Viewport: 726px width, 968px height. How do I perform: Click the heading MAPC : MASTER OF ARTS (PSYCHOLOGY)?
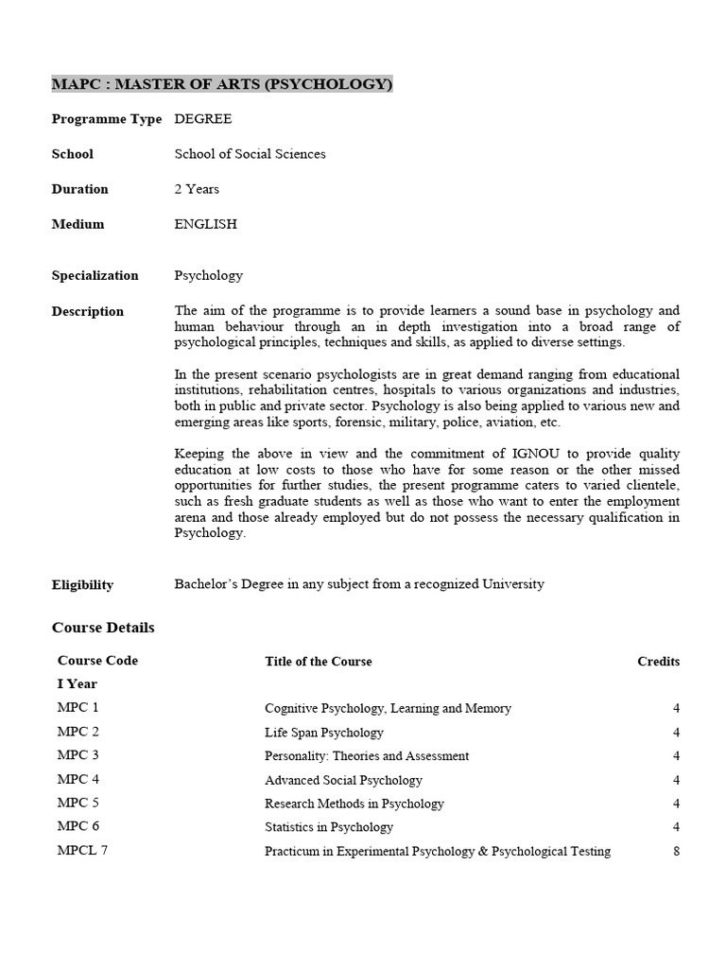(x=221, y=84)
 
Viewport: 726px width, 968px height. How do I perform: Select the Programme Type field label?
(x=106, y=119)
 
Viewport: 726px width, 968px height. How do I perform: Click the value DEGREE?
(x=203, y=119)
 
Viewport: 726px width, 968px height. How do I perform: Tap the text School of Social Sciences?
(x=250, y=154)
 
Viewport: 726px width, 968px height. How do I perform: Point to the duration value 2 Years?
(x=197, y=189)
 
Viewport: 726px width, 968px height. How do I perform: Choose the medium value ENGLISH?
(x=206, y=224)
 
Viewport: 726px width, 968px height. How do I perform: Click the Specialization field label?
(x=95, y=275)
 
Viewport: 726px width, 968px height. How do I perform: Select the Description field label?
(x=87, y=311)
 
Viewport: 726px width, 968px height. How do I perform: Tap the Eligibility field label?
(x=82, y=584)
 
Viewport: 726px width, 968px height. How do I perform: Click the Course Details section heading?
(x=103, y=628)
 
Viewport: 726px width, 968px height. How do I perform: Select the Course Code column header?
(x=97, y=661)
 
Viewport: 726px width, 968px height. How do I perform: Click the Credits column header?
(x=658, y=662)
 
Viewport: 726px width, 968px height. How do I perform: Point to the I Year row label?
(x=77, y=683)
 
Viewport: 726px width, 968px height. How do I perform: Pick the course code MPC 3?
(x=78, y=755)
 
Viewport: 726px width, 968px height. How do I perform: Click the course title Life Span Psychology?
(x=324, y=733)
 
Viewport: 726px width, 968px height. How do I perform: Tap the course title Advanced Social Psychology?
(x=343, y=780)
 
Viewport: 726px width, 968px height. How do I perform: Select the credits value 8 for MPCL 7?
(x=676, y=851)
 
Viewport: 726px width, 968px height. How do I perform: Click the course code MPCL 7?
(x=83, y=851)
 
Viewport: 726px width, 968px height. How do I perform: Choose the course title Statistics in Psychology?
(x=329, y=827)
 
